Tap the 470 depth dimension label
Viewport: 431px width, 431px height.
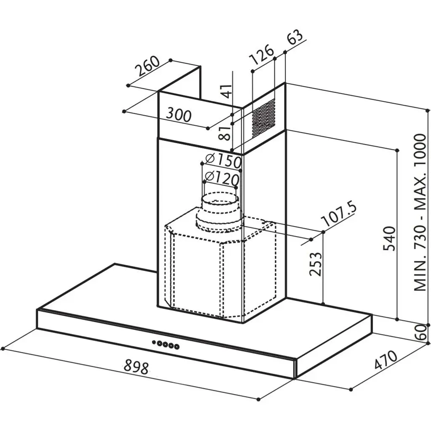pyautogui.click(x=386, y=360)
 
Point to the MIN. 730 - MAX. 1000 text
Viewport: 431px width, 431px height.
pyautogui.click(x=420, y=213)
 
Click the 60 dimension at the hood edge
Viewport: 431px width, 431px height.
pyautogui.click(x=420, y=332)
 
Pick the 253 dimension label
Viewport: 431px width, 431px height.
pyautogui.click(x=315, y=264)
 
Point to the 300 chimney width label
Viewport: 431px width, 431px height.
pyautogui.click(x=179, y=115)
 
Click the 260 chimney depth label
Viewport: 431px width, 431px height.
pyautogui.click(x=149, y=66)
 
